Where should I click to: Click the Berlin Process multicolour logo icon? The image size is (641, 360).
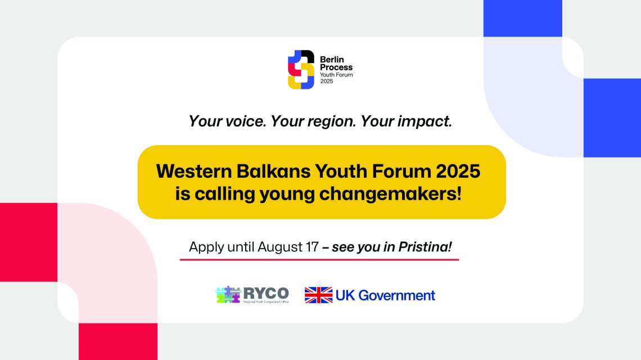301,70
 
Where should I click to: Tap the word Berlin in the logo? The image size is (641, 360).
332,60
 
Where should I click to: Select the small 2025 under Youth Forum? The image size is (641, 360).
327,82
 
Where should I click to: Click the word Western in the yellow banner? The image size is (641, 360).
194,171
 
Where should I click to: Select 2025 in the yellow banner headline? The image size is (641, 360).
458,171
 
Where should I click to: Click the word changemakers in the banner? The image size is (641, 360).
390,193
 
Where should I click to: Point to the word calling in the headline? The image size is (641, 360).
225,194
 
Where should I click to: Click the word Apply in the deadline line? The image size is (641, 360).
206,247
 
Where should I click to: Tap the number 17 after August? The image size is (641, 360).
312,247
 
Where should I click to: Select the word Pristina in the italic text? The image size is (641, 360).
425,247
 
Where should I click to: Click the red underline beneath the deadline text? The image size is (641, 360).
319,259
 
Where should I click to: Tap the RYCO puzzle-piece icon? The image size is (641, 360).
228,295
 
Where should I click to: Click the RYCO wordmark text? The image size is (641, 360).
266,293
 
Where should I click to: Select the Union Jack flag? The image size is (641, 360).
318,295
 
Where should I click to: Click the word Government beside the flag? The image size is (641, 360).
396,295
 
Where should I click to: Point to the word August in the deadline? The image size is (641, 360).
280,247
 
